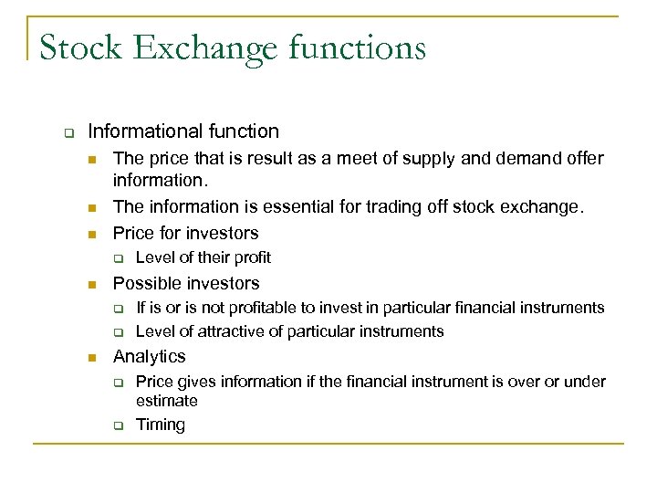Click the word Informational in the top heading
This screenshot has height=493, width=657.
(x=143, y=131)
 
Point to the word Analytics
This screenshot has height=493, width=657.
(x=149, y=356)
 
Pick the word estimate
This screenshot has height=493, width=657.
(x=167, y=400)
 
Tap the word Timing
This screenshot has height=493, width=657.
(x=161, y=424)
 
